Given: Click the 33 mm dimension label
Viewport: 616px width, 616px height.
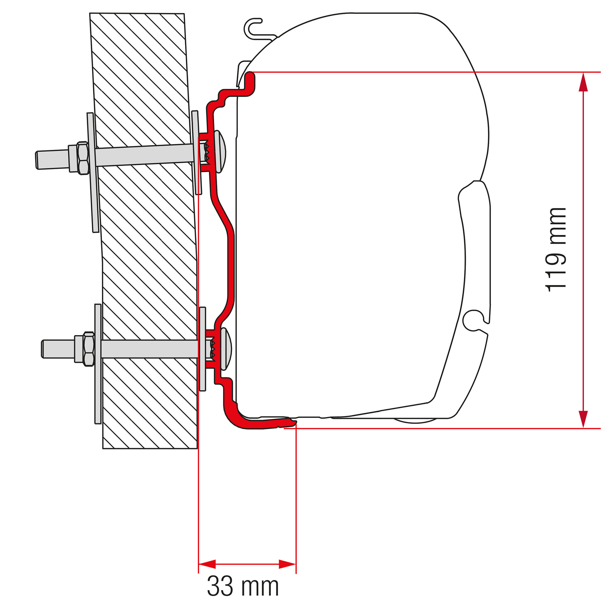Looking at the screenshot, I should pos(243,586).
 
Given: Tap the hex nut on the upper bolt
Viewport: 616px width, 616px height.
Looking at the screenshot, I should pos(83,158).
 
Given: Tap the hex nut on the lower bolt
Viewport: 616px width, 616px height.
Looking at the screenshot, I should pos(89,349).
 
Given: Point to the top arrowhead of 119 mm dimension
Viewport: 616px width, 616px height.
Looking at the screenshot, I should pos(583,82).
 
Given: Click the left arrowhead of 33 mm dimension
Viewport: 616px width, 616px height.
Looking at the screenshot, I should pos(207,564).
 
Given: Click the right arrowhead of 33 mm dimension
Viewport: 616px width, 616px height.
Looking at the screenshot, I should pos(287,564).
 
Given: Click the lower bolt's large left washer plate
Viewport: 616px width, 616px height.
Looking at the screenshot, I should pos(98,363).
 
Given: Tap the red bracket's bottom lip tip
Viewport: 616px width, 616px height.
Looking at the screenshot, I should pos(292,423).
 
